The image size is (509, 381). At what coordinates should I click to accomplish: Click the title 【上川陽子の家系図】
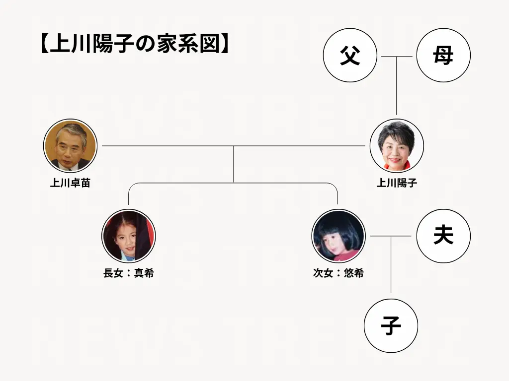[135, 44]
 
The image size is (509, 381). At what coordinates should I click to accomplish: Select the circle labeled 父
[350, 56]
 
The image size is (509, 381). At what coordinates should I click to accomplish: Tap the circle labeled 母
[443, 56]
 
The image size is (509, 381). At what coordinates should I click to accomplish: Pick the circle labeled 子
[391, 326]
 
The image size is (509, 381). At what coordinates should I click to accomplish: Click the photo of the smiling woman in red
[396, 146]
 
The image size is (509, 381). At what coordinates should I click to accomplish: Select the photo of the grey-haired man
[70, 146]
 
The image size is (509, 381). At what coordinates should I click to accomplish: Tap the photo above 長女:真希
[128, 236]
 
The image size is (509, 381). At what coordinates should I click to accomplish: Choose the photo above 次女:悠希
[338, 236]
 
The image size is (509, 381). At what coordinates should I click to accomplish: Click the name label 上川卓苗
[70, 183]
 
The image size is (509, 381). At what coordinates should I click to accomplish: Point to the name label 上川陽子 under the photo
[396, 183]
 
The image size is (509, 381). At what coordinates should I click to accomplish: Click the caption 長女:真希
[128, 273]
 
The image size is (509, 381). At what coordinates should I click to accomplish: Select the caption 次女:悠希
[338, 273]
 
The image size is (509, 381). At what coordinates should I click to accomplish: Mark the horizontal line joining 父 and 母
[396, 57]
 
